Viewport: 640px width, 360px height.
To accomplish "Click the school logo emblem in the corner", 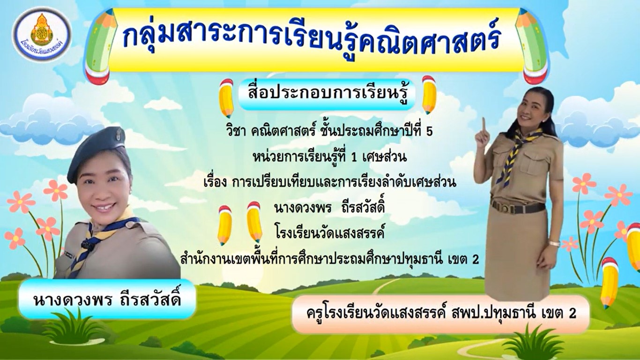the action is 42,34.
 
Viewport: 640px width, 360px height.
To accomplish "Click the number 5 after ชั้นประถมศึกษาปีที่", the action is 430,132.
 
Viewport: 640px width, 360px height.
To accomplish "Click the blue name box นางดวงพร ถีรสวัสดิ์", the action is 107,299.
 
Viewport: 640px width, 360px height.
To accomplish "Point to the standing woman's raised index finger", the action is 484,124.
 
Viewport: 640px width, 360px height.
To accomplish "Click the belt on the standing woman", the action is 517,207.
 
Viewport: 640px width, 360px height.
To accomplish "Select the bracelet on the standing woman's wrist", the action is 554,244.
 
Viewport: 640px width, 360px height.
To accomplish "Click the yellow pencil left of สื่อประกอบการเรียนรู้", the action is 226,98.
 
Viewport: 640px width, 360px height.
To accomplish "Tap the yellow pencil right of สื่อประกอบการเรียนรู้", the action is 429,95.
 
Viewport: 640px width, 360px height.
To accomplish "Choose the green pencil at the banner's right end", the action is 532,46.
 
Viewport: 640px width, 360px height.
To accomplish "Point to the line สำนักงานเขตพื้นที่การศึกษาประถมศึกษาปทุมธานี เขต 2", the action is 329,259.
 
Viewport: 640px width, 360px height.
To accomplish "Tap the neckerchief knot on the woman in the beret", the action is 85,243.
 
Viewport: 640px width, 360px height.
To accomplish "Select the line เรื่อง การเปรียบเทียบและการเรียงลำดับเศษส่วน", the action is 330,182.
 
